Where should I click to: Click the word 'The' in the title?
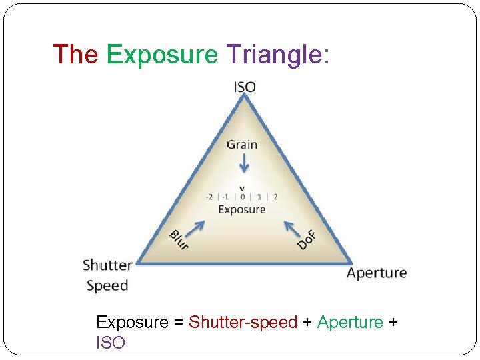[x=75, y=54]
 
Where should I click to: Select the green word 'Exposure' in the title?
[x=162, y=55]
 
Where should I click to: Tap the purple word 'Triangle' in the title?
[x=274, y=55]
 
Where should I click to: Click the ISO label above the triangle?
[x=245, y=87]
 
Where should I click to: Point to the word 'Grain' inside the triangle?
[x=241, y=144]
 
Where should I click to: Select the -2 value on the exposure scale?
[x=209, y=197]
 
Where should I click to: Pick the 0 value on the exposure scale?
[x=242, y=197]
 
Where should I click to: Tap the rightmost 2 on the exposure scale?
[x=275, y=197]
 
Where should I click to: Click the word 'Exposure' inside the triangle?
[x=242, y=209]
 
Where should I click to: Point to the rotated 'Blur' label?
[x=179, y=240]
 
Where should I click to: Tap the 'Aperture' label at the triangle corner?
[x=377, y=273]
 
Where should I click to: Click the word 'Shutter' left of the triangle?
[x=107, y=265]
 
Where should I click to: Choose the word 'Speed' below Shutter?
[x=107, y=285]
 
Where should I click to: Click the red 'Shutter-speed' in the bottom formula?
[x=243, y=323]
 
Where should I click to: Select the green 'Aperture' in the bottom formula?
[x=350, y=323]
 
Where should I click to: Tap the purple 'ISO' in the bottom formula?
[x=111, y=343]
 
